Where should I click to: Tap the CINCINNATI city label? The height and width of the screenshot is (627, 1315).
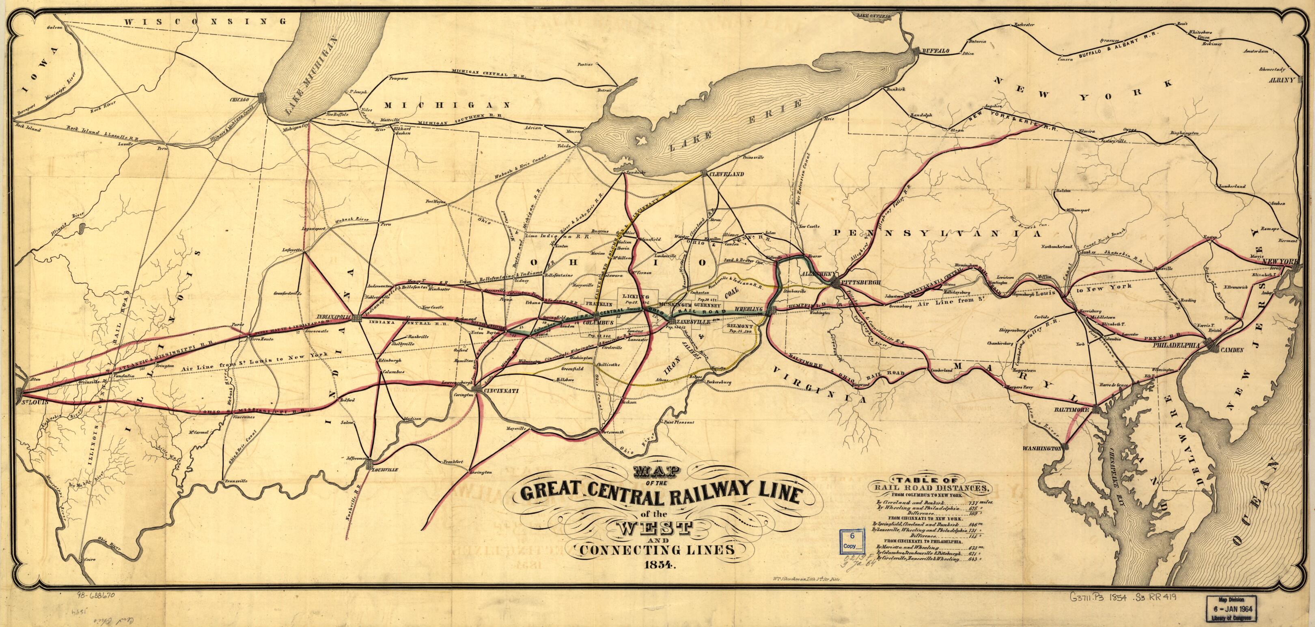(502, 391)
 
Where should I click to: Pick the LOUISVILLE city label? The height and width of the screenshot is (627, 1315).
(386, 469)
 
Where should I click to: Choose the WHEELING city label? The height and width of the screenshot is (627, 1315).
(751, 309)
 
